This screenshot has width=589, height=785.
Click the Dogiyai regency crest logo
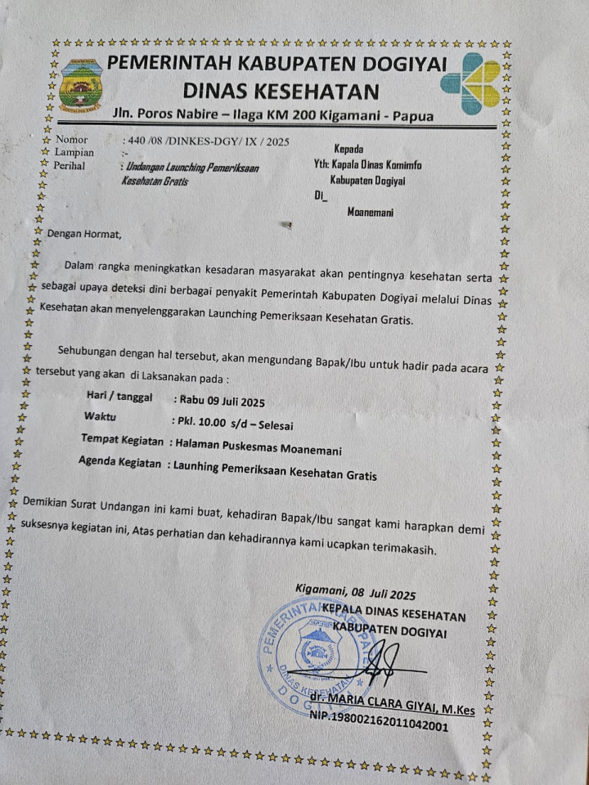pos(81,84)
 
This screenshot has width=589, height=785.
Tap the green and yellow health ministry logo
pos(470,83)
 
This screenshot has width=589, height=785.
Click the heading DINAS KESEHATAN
pos(281,91)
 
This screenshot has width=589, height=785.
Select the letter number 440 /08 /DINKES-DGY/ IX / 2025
pos(205,141)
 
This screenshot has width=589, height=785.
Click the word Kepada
pos(349,148)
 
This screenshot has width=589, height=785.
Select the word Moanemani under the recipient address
pos(370,212)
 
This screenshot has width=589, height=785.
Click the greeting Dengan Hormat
pos(84,234)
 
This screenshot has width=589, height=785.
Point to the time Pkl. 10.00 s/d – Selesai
pos(233,424)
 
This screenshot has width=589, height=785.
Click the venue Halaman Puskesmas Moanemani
pos(255,449)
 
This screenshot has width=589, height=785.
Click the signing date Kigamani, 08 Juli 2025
pos(356,593)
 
